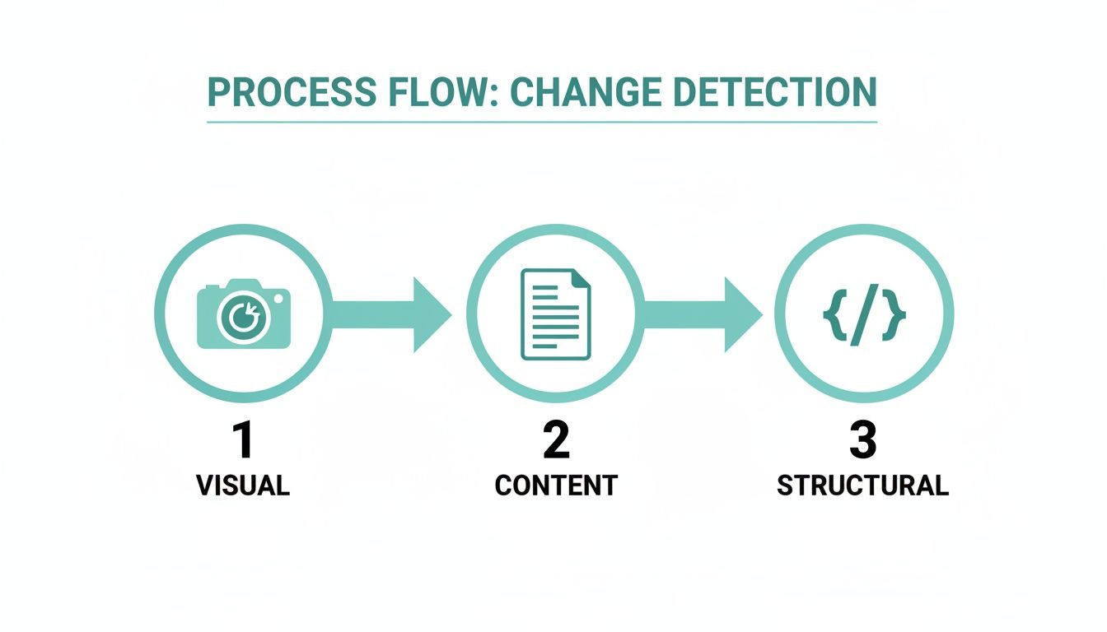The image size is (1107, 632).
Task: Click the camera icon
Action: coord(244,314)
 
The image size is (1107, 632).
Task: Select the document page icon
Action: coord(556,314)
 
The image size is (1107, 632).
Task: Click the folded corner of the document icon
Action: coord(582,278)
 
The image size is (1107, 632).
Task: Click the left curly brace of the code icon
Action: coord(833,314)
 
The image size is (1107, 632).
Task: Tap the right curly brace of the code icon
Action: coord(895,314)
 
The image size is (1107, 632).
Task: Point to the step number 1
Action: coord(243,441)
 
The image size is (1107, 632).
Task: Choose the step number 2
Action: coord(556,441)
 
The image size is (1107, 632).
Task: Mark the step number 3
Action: coord(862,441)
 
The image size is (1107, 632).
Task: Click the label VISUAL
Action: coord(243,486)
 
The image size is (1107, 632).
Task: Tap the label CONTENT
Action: coord(556,486)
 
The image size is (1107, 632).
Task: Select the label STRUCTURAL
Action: coord(862,486)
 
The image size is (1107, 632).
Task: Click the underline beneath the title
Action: coord(541,122)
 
